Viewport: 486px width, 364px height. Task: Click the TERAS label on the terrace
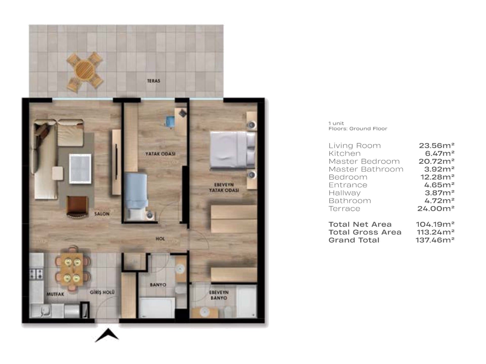pos(153,81)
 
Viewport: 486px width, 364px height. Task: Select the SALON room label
pos(102,214)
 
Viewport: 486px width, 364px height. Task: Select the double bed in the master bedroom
pos(232,150)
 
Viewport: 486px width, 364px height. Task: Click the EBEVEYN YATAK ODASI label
pos(224,187)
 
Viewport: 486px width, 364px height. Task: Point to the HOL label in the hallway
pos(160,239)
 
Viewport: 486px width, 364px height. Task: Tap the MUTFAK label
pos(55,294)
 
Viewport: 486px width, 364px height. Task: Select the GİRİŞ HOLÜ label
pos(102,292)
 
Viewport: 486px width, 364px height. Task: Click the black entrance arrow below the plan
pos(107,335)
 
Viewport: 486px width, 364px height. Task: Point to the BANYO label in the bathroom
pos(158,285)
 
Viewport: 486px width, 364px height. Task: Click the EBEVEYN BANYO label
pos(219,295)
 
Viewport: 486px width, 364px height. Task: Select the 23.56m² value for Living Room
pos(437,145)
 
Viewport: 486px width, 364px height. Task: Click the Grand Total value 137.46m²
pos(435,240)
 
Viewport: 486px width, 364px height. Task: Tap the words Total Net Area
pos(360,224)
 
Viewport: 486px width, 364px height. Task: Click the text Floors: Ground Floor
pos(358,129)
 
